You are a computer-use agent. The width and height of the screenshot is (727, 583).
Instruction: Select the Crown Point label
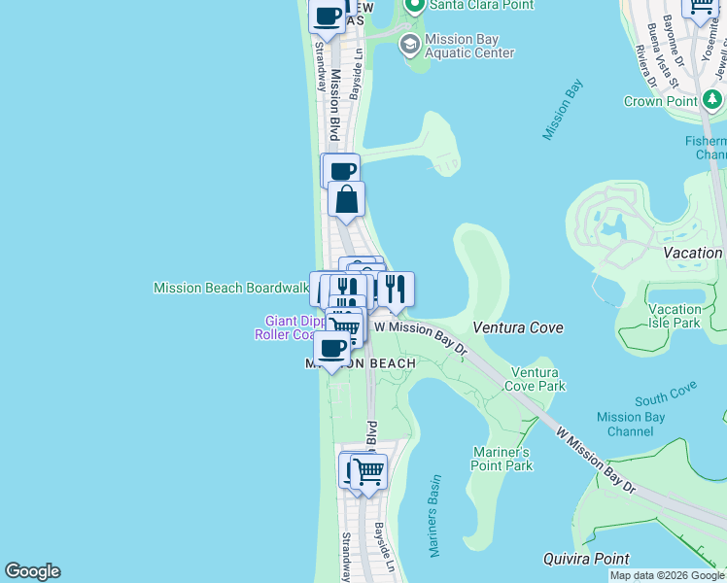(x=656, y=101)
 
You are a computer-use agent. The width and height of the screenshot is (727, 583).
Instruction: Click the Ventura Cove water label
(x=518, y=327)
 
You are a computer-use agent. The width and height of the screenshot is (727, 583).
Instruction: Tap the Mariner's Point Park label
(x=502, y=459)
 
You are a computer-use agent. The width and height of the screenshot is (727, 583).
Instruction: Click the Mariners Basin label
(x=434, y=515)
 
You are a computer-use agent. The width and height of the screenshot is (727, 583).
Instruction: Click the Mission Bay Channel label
(x=631, y=425)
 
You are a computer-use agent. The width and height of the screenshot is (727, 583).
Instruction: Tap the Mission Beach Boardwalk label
(x=230, y=288)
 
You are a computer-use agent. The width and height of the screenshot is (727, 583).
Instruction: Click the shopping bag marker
(x=346, y=200)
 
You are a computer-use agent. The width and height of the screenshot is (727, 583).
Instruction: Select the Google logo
(x=32, y=571)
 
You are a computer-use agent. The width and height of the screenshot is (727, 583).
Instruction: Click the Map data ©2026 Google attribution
(x=667, y=575)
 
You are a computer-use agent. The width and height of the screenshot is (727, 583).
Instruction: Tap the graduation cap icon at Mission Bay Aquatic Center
(x=409, y=44)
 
